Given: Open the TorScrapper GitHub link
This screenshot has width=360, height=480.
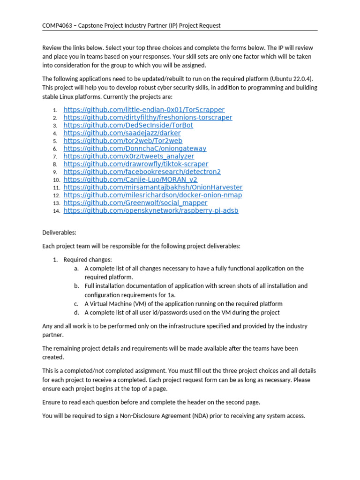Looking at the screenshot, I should point(144,110).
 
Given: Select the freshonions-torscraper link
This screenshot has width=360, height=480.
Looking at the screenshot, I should point(148,118).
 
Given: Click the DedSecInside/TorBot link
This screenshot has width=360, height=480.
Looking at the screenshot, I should point(128,125).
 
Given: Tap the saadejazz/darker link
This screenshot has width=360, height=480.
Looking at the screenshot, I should point(122,133).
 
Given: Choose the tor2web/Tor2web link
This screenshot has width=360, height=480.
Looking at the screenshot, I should point(123,141).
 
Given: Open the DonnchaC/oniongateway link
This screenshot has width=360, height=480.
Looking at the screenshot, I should point(135,149).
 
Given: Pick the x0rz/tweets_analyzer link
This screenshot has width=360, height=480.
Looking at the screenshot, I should point(128,156).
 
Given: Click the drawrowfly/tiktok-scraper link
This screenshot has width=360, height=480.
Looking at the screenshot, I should point(136,164).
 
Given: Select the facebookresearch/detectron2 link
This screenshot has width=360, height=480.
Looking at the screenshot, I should point(142,172).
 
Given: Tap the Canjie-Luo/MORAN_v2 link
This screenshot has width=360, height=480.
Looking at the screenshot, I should point(130,180).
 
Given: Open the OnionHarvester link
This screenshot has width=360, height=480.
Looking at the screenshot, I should point(153,187).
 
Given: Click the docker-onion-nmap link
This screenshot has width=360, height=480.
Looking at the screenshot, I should point(153,195).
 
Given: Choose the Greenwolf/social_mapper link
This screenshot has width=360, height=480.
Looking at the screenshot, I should point(135,203).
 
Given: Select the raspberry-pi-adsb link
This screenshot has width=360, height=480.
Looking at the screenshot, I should point(150,210).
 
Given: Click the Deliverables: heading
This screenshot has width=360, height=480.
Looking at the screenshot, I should point(59,232).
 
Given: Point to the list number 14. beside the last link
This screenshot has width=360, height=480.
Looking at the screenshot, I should point(56,211).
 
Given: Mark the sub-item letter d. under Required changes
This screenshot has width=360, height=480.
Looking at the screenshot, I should point(76,313).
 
